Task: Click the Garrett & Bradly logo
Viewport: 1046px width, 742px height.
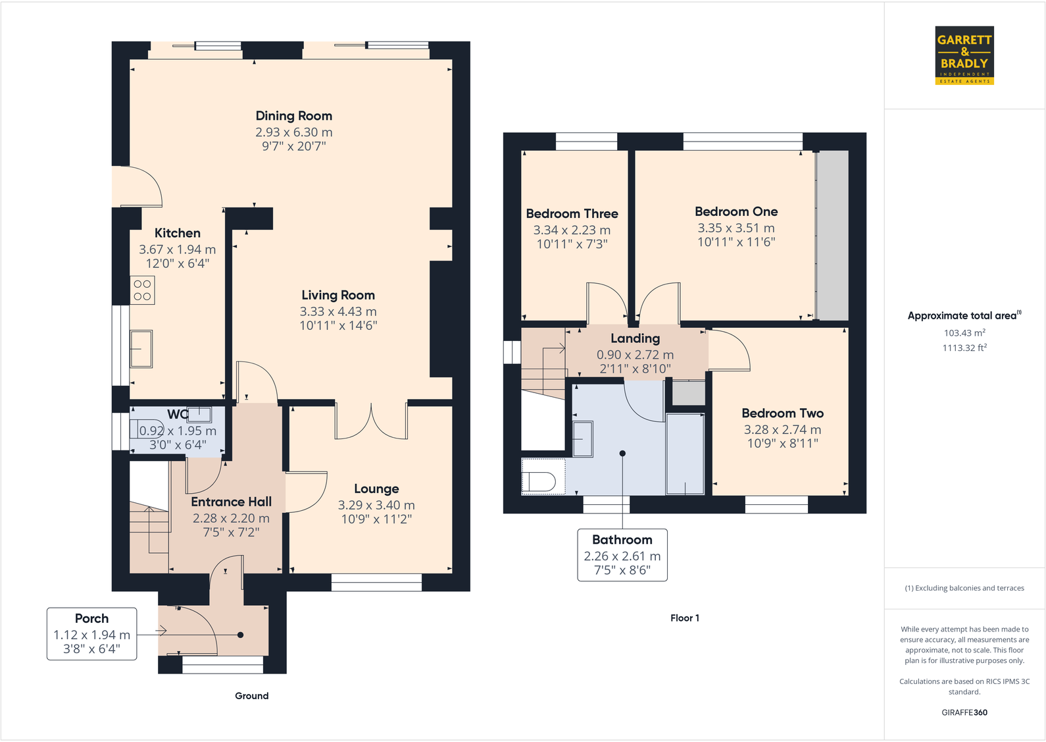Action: tap(964, 55)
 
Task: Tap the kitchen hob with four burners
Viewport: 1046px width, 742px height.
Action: tap(142, 290)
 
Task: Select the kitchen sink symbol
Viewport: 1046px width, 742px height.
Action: tap(141, 348)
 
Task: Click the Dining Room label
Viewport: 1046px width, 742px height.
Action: tap(293, 116)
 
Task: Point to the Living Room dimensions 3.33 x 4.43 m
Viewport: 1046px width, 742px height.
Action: tap(338, 311)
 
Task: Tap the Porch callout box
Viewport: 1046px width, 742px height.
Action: tap(91, 633)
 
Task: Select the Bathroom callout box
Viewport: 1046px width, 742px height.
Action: tap(622, 554)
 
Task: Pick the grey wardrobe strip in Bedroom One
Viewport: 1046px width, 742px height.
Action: tap(832, 236)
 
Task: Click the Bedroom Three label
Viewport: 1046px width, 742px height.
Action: tap(572, 213)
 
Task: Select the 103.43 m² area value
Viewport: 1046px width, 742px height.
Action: tap(964, 333)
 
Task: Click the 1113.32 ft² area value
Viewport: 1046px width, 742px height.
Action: tap(964, 348)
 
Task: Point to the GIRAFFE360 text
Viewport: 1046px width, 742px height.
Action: tap(964, 712)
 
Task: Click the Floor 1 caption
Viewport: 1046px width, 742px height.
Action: tap(684, 618)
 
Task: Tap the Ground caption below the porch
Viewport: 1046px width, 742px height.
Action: tap(251, 696)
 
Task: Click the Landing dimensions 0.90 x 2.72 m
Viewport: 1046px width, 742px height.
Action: tap(635, 355)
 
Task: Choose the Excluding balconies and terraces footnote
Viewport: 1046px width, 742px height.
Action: tap(964, 588)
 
